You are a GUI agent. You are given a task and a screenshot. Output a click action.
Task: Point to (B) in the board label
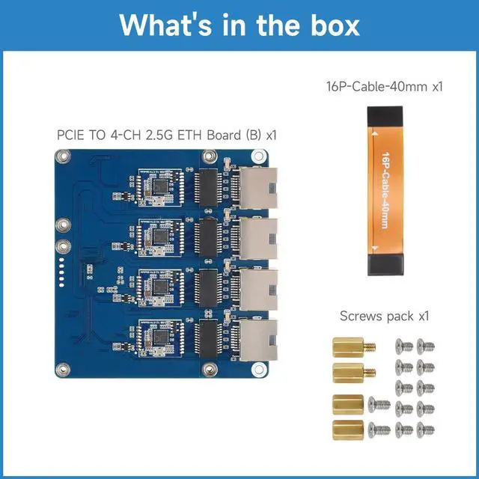252,135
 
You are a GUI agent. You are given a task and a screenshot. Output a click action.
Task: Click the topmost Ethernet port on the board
258,188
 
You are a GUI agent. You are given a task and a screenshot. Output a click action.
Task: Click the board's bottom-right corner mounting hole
260,368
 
